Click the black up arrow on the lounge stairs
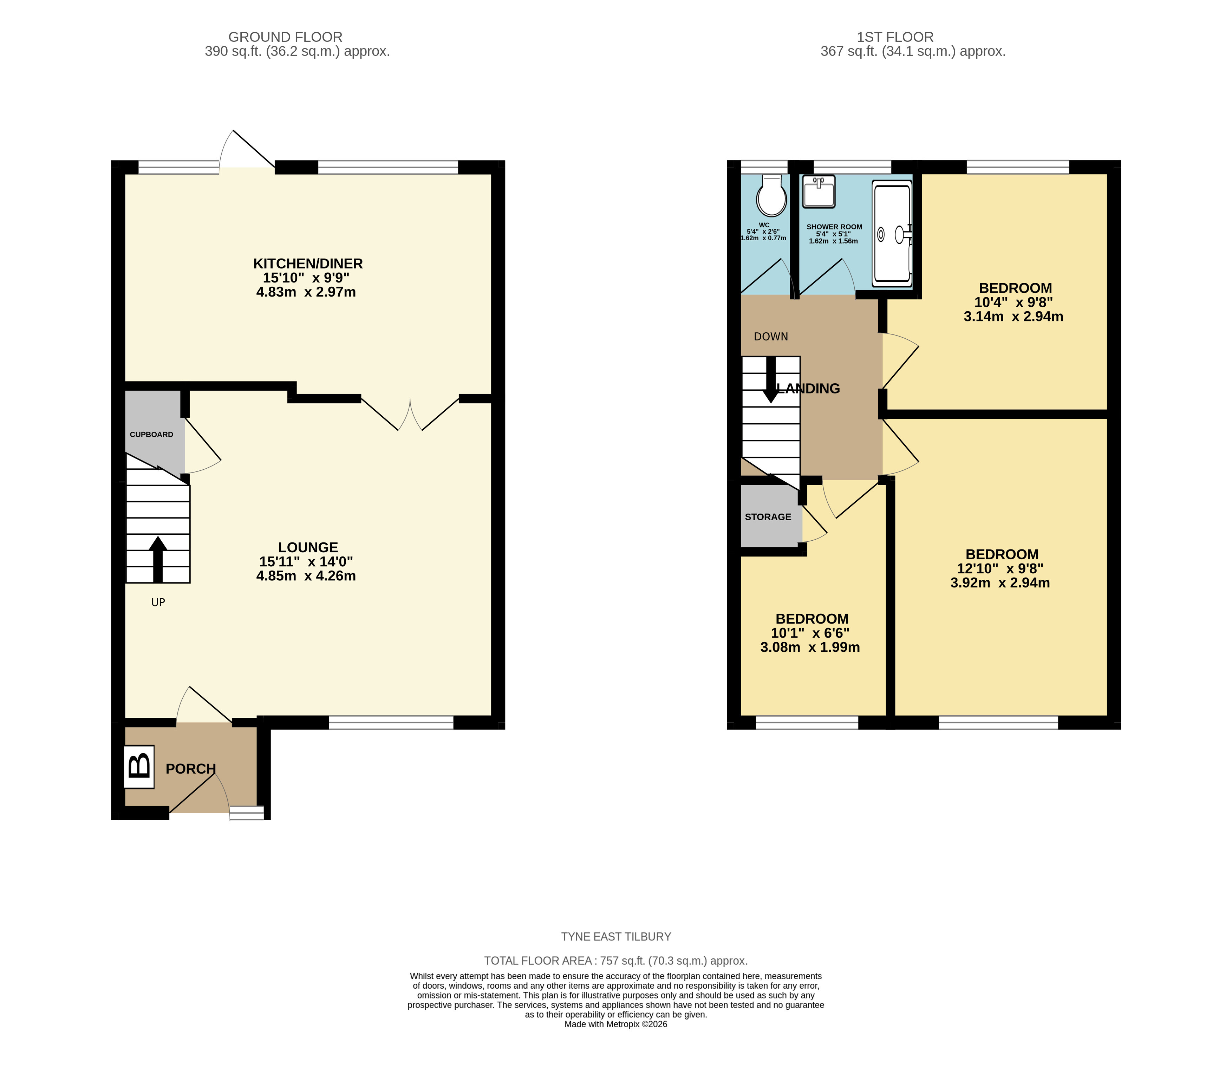coord(158,559)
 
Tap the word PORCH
coord(190,769)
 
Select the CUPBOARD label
coord(151,434)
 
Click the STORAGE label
coord(768,517)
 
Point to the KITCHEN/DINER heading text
coord(308,263)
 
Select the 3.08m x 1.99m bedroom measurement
coord(810,647)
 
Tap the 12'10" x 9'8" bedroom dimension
coord(1000,568)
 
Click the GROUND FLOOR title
coord(285,37)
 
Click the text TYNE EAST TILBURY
coord(616,936)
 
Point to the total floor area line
coord(616,961)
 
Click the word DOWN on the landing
coord(771,337)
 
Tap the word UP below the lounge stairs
coord(158,602)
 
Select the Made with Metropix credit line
coord(616,1024)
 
